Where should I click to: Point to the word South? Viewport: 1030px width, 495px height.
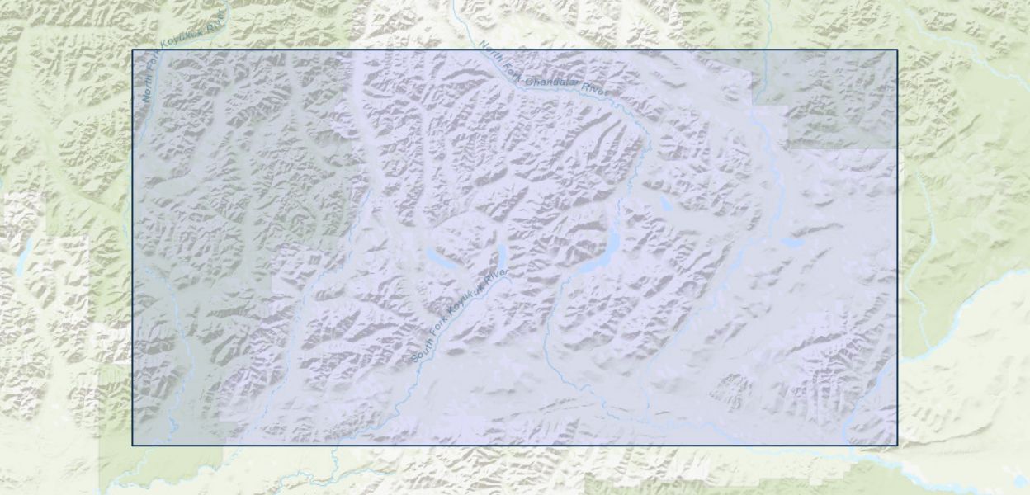tap(422, 350)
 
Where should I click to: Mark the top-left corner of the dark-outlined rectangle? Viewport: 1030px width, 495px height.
tap(132, 49)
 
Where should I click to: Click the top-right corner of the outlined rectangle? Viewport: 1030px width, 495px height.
tap(897, 49)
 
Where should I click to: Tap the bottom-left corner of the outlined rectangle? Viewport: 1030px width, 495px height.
tap(132, 445)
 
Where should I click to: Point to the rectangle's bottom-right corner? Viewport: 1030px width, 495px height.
tap(897, 445)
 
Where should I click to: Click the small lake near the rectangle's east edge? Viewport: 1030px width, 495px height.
tap(791, 243)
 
